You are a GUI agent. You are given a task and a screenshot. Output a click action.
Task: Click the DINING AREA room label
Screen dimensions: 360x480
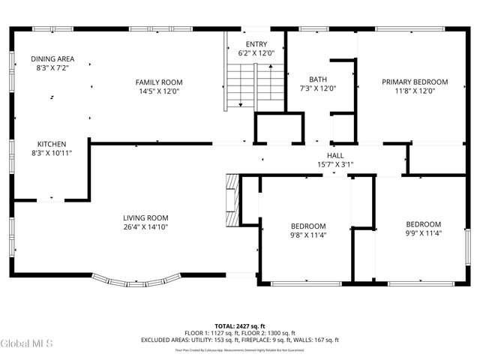tap(52, 58)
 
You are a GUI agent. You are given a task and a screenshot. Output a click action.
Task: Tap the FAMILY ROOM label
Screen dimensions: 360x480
tap(158, 82)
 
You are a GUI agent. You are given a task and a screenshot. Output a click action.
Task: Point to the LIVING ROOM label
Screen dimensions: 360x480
tap(145, 218)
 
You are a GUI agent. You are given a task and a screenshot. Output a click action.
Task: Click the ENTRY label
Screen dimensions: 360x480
tap(256, 43)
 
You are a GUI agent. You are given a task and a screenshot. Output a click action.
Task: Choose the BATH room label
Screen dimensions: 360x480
tap(317, 79)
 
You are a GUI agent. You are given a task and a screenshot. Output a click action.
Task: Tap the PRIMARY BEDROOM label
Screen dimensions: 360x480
tap(414, 82)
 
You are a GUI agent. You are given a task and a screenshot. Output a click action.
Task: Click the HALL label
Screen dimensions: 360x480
tap(335, 155)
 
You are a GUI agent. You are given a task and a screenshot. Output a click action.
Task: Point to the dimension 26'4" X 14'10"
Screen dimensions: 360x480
tap(145, 227)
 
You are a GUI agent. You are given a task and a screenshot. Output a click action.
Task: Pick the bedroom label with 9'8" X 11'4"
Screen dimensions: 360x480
tap(308, 226)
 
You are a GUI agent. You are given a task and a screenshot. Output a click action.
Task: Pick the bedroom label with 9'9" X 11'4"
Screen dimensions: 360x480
tap(423, 223)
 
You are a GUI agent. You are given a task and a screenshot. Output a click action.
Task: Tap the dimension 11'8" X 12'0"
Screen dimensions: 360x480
tap(414, 91)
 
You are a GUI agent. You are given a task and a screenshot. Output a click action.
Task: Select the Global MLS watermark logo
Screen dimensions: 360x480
tap(27, 343)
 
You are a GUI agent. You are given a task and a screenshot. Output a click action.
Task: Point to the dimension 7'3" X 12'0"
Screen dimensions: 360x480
tap(317, 88)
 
